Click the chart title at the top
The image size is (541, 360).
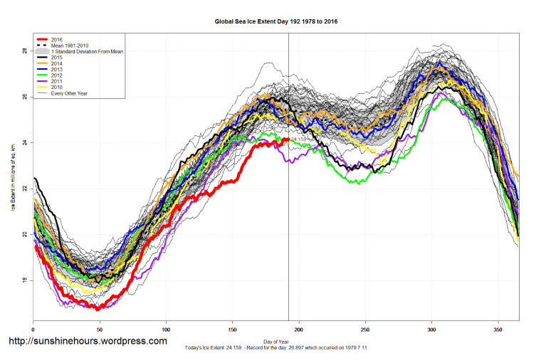tap(275, 21)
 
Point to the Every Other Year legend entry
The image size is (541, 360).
tap(68, 93)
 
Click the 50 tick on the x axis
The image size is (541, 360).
tap(100, 328)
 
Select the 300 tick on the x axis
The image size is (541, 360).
tap(431, 328)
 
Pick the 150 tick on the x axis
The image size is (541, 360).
tap(232, 328)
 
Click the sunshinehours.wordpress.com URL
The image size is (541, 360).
tap(88, 342)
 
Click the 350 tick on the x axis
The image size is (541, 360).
tap(498, 328)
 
